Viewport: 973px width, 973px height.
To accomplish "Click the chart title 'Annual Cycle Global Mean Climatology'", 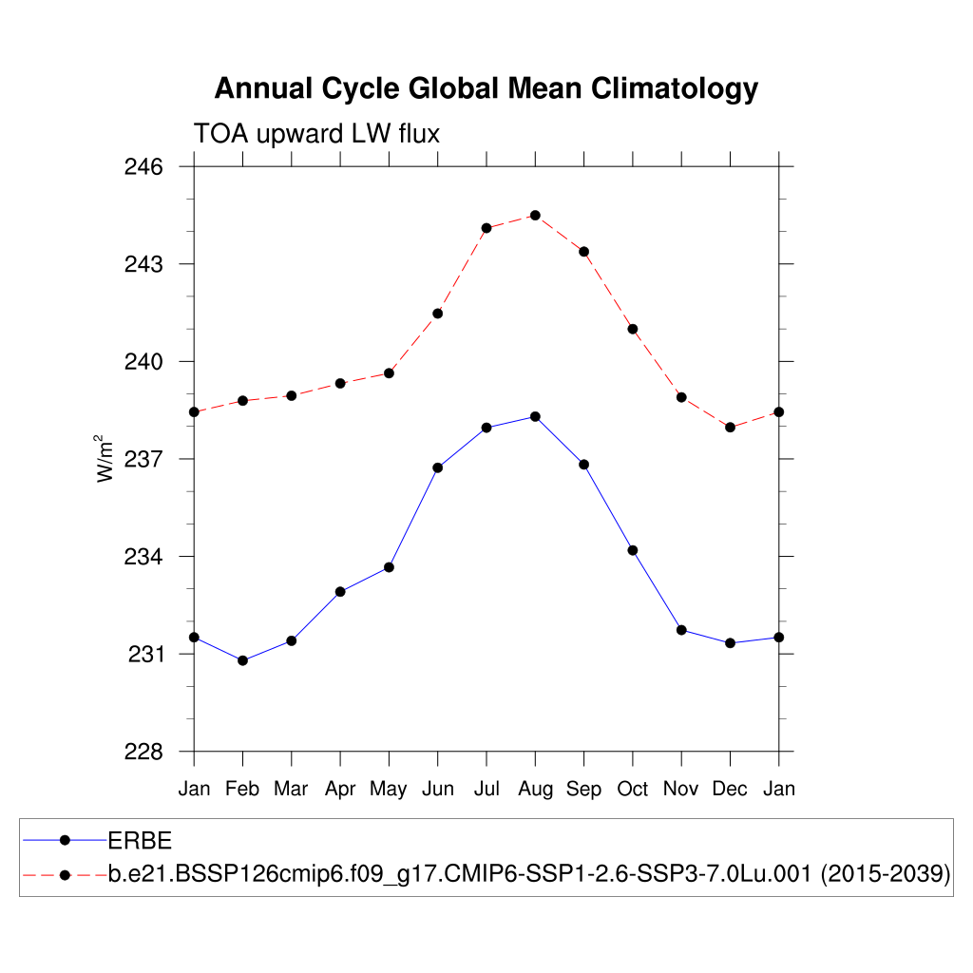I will pyautogui.click(x=486, y=88).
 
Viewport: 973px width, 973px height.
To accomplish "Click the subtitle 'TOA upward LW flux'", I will pyautogui.click(x=316, y=134).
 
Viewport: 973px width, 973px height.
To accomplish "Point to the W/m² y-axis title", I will pyautogui.click(x=105, y=458).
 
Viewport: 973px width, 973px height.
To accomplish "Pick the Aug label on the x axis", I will pyautogui.click(x=535, y=789).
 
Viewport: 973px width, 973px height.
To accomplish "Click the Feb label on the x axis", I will pyautogui.click(x=242, y=789).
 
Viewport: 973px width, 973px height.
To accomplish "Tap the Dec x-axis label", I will pyautogui.click(x=730, y=789).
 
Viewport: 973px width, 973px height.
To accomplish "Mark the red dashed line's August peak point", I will pyautogui.click(x=535, y=216).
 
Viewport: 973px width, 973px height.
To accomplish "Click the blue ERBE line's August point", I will pyautogui.click(x=535, y=416).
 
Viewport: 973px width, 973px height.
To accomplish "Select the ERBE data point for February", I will pyautogui.click(x=242, y=660).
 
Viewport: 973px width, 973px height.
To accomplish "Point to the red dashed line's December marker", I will pyautogui.click(x=730, y=428).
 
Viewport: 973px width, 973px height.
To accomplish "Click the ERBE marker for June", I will pyautogui.click(x=437, y=467).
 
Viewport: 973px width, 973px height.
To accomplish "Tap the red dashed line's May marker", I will pyautogui.click(x=389, y=373).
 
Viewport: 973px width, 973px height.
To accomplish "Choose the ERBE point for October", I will pyautogui.click(x=632, y=550).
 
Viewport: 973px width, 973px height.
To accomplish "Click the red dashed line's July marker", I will pyautogui.click(x=486, y=228).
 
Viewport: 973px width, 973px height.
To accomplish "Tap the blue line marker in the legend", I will pyautogui.click(x=65, y=840).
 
